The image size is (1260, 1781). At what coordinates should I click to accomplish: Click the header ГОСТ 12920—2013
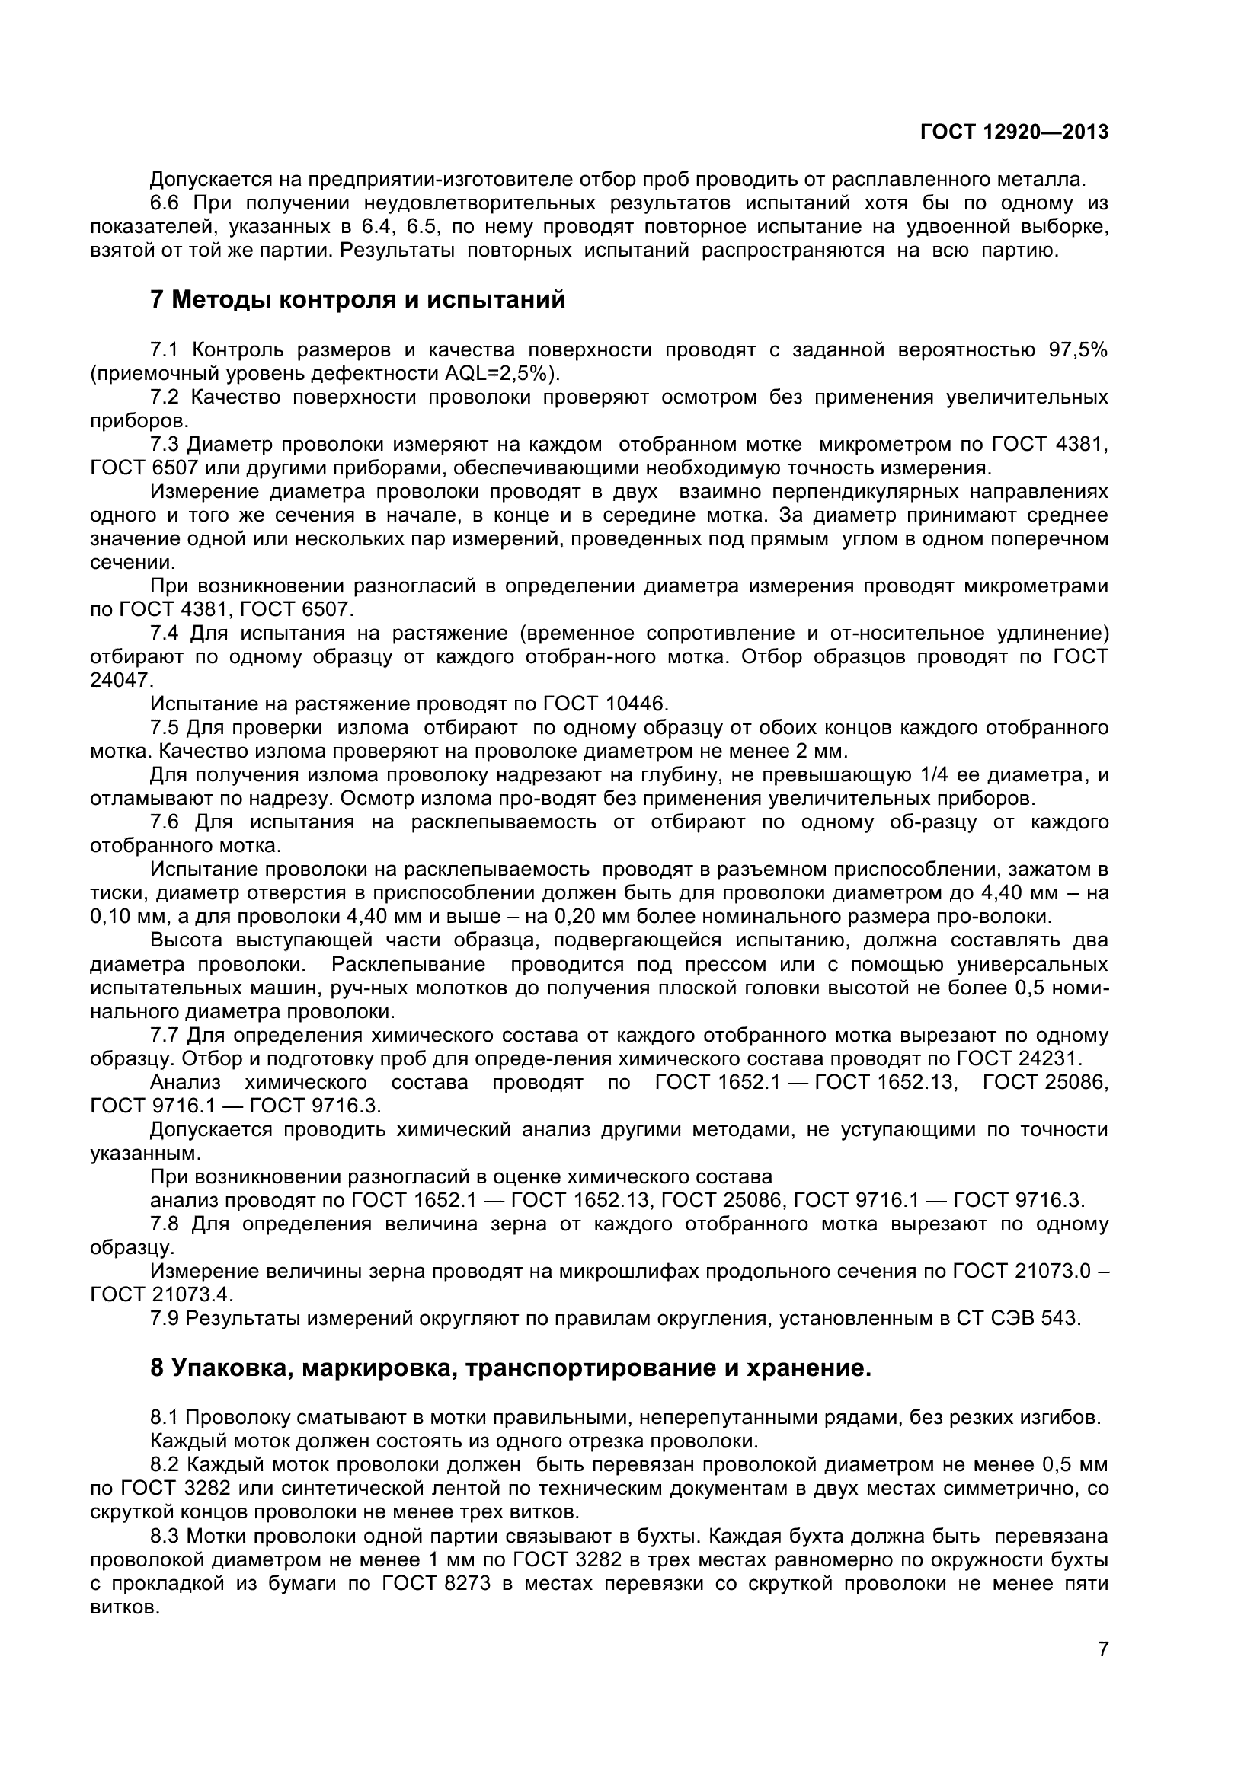click(x=1013, y=132)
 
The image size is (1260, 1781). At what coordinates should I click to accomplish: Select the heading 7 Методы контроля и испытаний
click(x=358, y=299)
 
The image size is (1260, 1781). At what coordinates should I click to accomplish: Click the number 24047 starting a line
click(x=121, y=680)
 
